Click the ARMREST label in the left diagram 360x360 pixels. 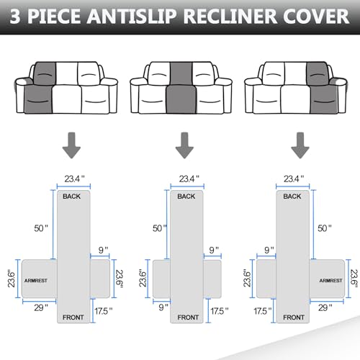pos(37,279)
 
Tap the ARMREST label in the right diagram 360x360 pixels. pos(329,279)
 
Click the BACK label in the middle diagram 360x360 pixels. pos(186,196)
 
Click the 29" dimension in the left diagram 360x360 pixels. pos(40,307)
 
